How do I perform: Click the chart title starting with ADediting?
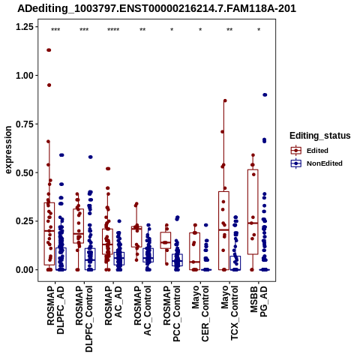[157, 9]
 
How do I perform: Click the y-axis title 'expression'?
[8, 150]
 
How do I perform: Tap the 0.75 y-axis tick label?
[25, 124]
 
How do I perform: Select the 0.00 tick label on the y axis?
[25, 270]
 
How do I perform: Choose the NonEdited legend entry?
[316, 163]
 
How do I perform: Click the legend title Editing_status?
[320, 136]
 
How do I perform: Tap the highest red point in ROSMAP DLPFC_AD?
[49, 50]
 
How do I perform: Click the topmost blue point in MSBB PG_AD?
[265, 94]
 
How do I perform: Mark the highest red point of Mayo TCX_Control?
[225, 100]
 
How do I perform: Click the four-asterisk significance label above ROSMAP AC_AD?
[113, 30]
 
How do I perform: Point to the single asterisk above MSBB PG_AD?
[259, 30]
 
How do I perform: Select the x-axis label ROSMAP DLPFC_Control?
[84, 319]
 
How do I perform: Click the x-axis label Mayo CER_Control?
[200, 313]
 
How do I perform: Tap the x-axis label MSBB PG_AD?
[259, 301]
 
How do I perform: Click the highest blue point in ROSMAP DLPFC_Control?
[91, 157]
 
